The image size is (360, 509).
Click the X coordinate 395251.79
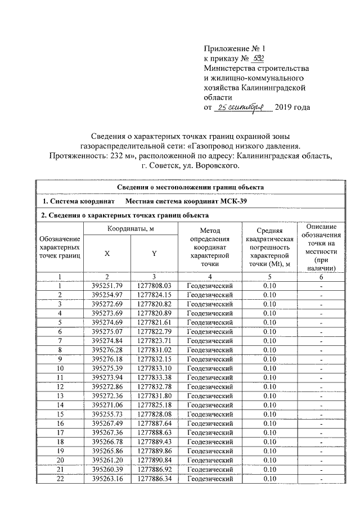point(107,286)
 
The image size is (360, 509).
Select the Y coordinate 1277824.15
point(154,295)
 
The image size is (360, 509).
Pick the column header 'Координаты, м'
point(130,228)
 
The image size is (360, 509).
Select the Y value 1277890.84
point(154,461)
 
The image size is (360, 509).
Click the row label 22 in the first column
point(59,479)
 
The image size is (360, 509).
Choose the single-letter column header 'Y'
point(154,254)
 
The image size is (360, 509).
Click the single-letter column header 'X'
point(107,254)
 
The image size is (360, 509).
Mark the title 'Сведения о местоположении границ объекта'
point(191,187)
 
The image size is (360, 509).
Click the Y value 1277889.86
point(154,452)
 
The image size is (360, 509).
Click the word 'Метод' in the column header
point(209,231)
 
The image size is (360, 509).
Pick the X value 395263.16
point(107,479)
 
